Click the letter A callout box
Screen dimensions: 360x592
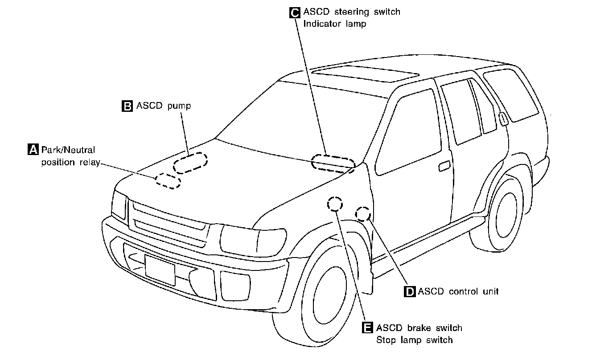tap(33, 150)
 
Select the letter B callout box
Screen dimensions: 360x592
tap(127, 106)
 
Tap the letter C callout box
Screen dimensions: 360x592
tap(295, 12)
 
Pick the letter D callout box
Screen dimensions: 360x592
tap(409, 292)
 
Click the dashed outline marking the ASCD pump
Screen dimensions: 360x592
tap(190, 163)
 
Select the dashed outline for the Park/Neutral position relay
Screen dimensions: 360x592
tap(168, 180)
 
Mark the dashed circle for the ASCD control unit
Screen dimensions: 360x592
tap(363, 214)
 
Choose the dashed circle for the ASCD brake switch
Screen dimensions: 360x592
tap(335, 204)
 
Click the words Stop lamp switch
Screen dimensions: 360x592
tap(414, 340)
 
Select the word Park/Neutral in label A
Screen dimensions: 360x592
tap(68, 150)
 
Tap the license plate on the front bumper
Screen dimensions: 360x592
tap(160, 270)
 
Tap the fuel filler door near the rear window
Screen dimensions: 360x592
tap(504, 119)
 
